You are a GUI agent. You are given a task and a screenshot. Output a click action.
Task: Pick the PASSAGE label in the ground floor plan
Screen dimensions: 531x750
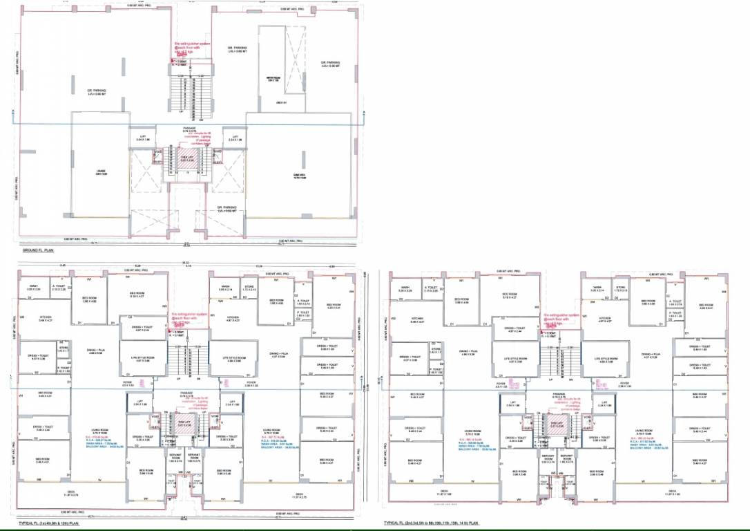coord(189,129)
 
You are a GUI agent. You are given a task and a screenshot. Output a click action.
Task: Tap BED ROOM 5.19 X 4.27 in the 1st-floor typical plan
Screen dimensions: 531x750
coord(138,295)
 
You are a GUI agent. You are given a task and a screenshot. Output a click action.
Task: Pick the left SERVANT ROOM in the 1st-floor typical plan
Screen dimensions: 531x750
coord(175,458)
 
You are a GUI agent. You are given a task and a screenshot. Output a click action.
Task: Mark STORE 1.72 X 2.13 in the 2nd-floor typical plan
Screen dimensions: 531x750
coord(621,288)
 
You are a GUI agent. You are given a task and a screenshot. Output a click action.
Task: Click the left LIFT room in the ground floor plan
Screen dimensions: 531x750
coord(143,138)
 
